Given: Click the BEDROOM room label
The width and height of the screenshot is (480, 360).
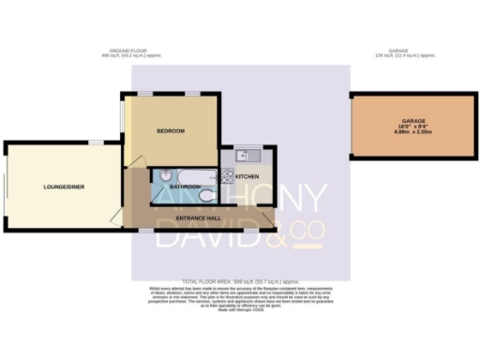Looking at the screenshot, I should pos(170,130).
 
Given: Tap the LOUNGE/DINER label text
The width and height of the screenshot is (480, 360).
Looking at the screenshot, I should pos(64,187).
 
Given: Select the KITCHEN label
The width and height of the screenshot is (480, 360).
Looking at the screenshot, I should pos(247,175).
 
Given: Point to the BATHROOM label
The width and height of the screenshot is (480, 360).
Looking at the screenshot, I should pos(184,187).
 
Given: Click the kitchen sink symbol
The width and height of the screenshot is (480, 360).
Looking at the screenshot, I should pos(241,155).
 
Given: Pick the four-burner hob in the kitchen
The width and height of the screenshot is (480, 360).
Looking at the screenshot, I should pos(226,174).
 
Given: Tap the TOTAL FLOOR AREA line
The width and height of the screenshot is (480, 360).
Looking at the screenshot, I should pos(239,280).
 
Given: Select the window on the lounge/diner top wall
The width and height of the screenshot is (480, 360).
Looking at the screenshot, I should pos(96,142).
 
